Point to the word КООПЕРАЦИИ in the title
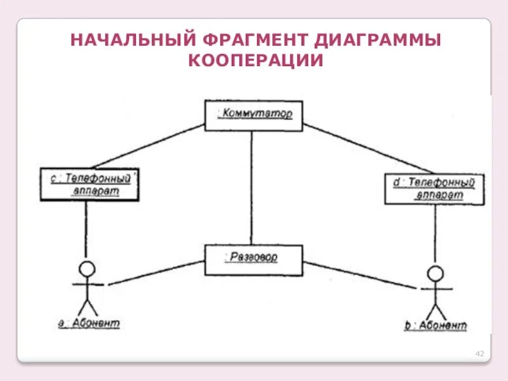256,61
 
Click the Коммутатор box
253,116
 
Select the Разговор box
253,259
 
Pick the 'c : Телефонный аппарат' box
89,185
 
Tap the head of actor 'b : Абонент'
435,274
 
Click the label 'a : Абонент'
89,323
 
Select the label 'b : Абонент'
436,326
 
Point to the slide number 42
479,353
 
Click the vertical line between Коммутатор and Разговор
252,187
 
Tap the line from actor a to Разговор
156,272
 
